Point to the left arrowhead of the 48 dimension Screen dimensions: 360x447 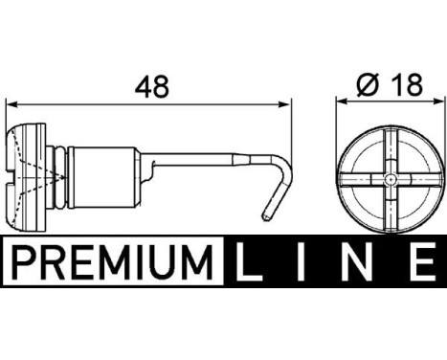pyautogui.click(x=12, y=103)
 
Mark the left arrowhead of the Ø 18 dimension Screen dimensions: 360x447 pyautogui.click(x=344, y=103)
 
